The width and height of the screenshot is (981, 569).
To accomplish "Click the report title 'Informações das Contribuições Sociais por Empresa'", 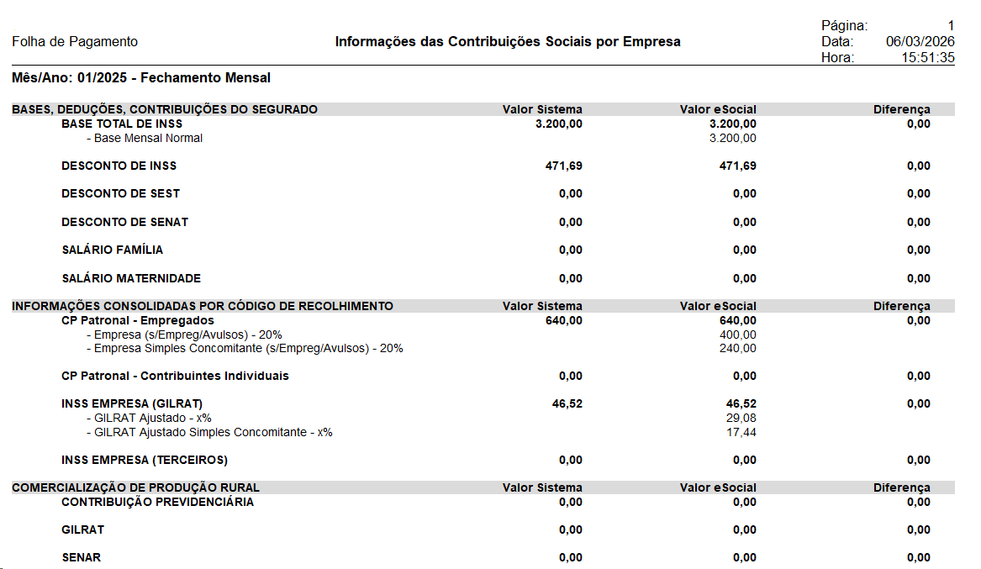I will (508, 42).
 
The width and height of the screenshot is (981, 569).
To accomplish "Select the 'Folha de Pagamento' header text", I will (75, 42).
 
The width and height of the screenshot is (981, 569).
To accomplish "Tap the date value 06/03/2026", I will (920, 42).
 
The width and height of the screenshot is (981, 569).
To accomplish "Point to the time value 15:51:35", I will (928, 58).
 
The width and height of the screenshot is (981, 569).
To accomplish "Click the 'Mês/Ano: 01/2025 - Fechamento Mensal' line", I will (141, 78).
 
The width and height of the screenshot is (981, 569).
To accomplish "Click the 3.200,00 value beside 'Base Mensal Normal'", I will (732, 138).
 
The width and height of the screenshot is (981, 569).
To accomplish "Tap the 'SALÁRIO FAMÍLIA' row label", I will (113, 250).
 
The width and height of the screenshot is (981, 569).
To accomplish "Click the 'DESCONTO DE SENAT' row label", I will (124, 222).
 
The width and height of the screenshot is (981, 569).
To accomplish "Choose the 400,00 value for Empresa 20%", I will (738, 335).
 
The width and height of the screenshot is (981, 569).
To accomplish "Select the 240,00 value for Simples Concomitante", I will (738, 348).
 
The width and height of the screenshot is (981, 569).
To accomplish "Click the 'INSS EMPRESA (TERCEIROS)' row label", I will (145, 460).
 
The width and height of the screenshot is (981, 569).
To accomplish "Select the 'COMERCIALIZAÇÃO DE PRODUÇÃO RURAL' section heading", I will (135, 487).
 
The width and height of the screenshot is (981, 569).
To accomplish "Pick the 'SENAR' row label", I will (81, 557).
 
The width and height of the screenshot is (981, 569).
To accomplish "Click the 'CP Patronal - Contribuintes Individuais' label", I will (175, 376).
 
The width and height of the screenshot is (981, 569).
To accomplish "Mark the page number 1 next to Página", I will (951, 26).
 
